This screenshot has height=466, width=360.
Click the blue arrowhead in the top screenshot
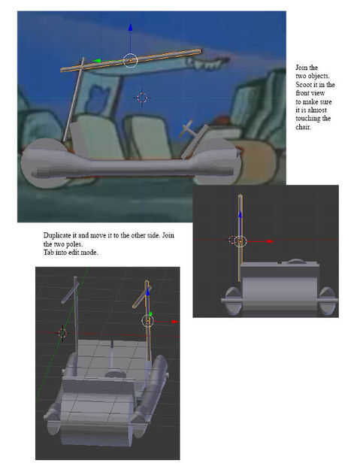(130, 27)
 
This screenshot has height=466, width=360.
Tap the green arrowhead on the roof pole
(96, 61)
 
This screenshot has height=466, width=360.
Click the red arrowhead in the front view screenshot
(270, 241)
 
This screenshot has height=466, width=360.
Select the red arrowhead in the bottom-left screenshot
(175, 322)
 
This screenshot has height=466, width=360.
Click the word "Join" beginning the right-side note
(302, 68)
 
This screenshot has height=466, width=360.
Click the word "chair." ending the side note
(303, 127)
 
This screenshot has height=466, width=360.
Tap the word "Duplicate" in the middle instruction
(57, 235)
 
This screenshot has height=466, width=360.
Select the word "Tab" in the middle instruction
(48, 253)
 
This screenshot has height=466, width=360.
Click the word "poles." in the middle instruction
(74, 244)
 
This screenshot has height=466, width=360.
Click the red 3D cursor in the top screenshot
(142, 98)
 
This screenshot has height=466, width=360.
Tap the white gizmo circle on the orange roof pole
(130, 61)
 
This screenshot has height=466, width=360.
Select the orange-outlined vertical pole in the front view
(240, 238)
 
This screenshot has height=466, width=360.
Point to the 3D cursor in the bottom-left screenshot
(62, 333)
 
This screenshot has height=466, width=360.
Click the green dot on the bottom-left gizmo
(151, 314)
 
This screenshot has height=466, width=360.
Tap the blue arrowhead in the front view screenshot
(241, 214)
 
